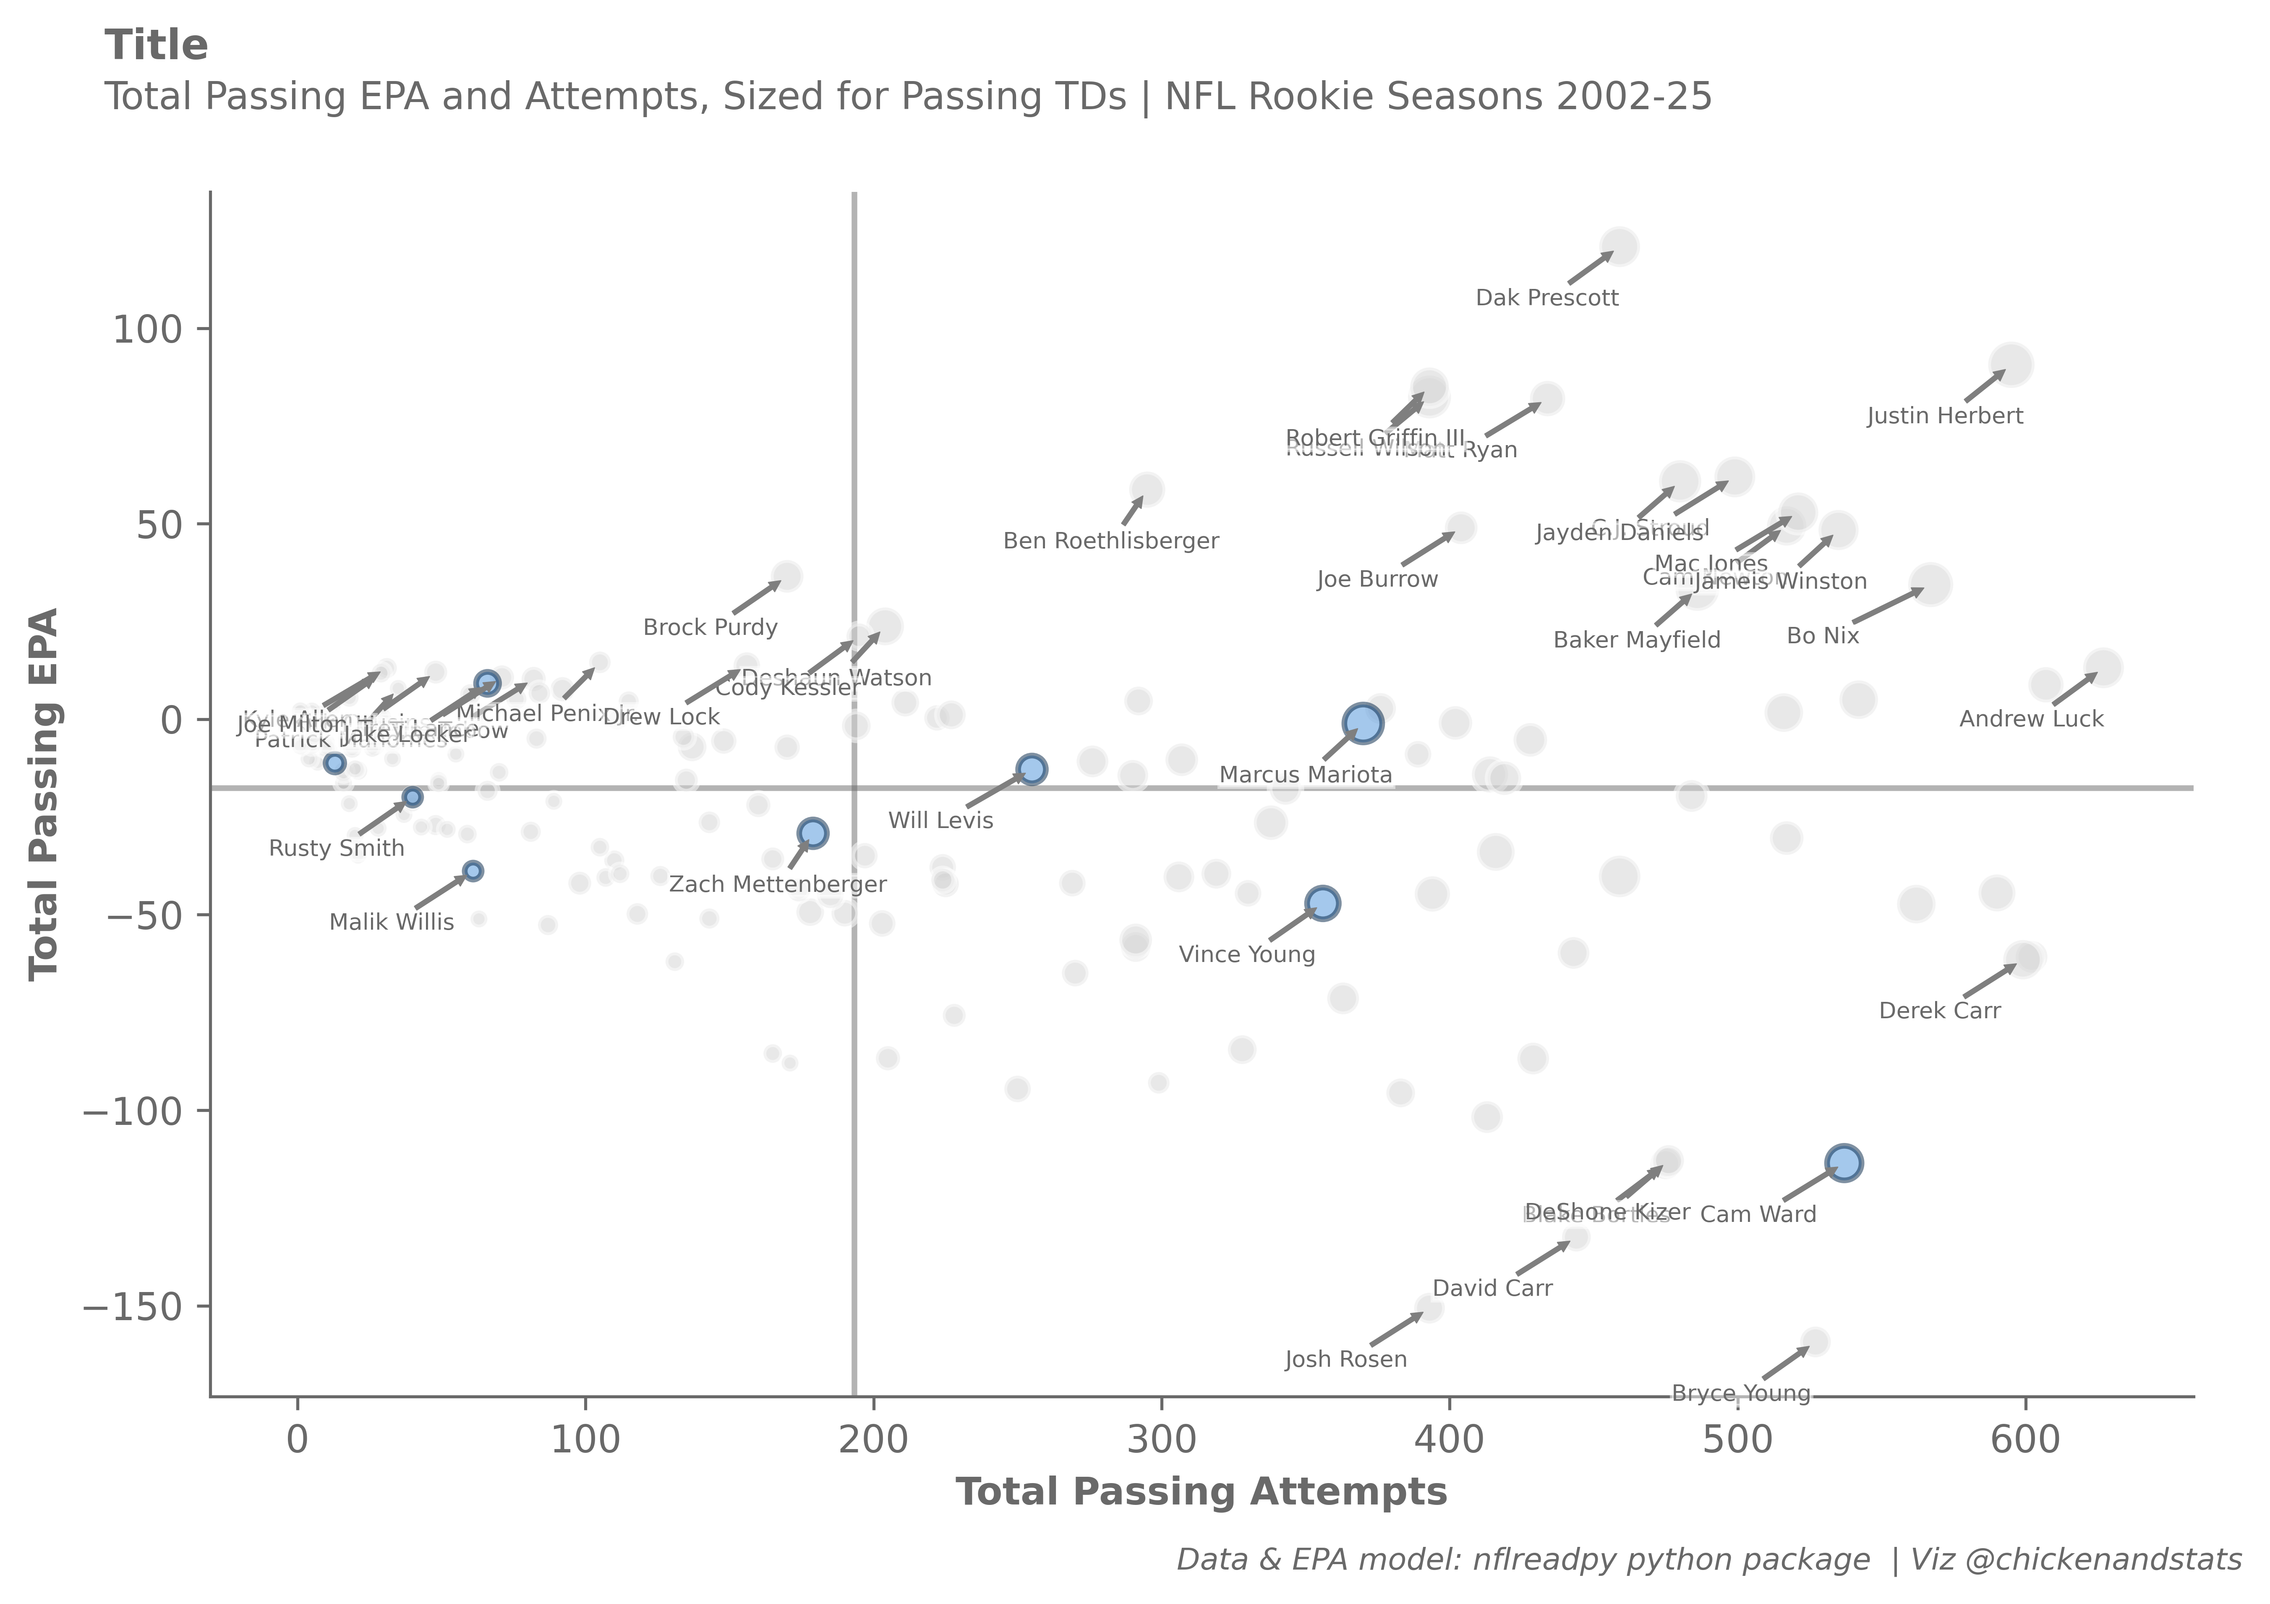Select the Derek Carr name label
1939,1011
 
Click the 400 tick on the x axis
1450,1440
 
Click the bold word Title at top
156,45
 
